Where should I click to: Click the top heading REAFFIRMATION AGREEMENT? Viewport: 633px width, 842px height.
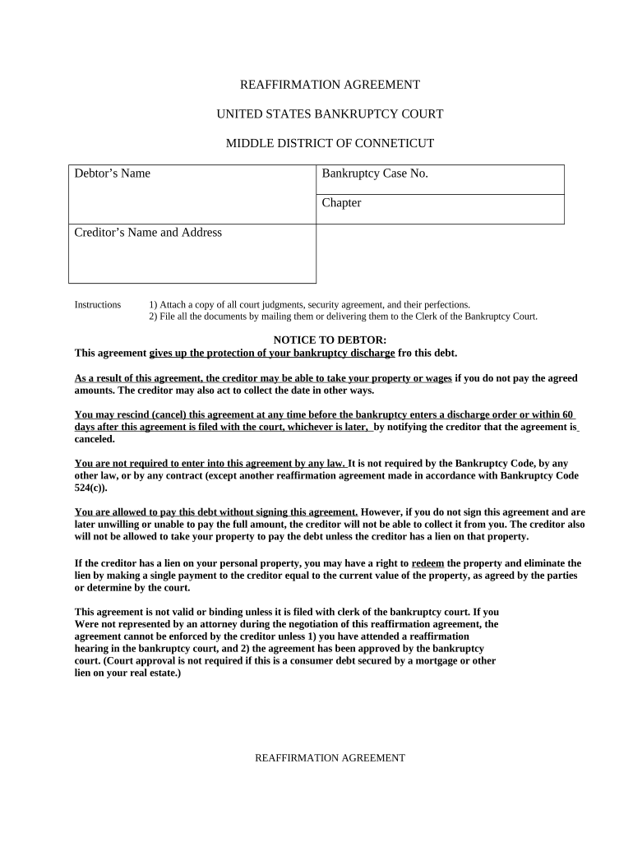click(330, 85)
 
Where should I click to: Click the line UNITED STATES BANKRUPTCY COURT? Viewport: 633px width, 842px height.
click(330, 114)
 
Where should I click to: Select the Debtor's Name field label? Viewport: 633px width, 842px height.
click(113, 173)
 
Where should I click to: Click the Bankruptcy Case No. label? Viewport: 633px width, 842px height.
click(375, 173)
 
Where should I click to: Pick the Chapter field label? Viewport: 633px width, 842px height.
click(341, 203)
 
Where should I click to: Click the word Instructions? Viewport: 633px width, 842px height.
click(98, 305)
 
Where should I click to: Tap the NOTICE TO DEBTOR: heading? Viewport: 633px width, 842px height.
click(330, 340)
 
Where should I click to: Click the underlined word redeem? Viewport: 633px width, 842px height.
click(427, 563)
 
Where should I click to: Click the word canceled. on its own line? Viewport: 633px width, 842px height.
click(95, 439)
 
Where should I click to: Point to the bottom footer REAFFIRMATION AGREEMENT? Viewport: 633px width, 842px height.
click(330, 758)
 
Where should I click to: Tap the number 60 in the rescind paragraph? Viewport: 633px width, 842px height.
click(568, 414)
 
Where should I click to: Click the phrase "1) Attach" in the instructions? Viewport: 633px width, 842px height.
click(168, 305)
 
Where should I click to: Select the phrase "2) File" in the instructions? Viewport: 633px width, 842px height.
click(164, 317)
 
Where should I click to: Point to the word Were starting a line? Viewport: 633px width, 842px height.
click(88, 624)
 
